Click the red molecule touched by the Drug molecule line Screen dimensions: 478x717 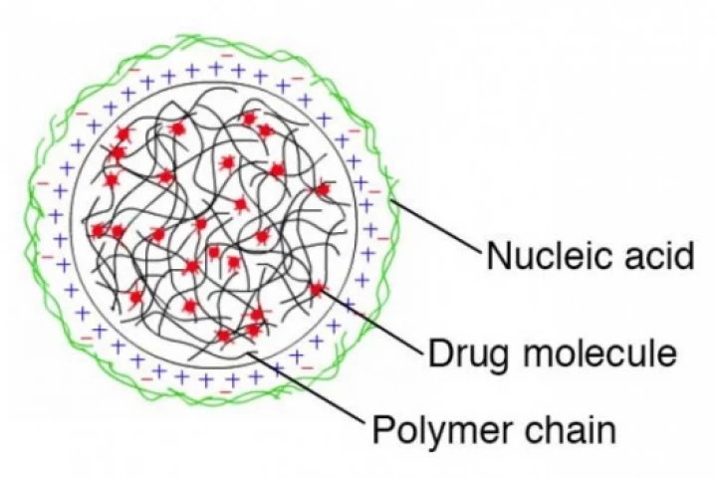(318, 289)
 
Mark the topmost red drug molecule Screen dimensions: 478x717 (249, 119)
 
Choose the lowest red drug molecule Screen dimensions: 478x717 (225, 336)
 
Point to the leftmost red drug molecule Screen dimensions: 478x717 (99, 231)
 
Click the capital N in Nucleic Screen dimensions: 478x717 (498, 257)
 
